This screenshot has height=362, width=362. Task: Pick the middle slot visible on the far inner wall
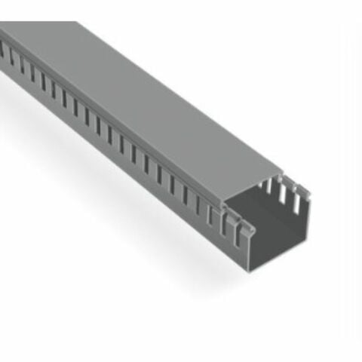[284, 195]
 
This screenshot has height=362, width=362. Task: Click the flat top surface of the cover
[151, 98]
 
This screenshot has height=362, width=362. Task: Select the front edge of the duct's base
[279, 259]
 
